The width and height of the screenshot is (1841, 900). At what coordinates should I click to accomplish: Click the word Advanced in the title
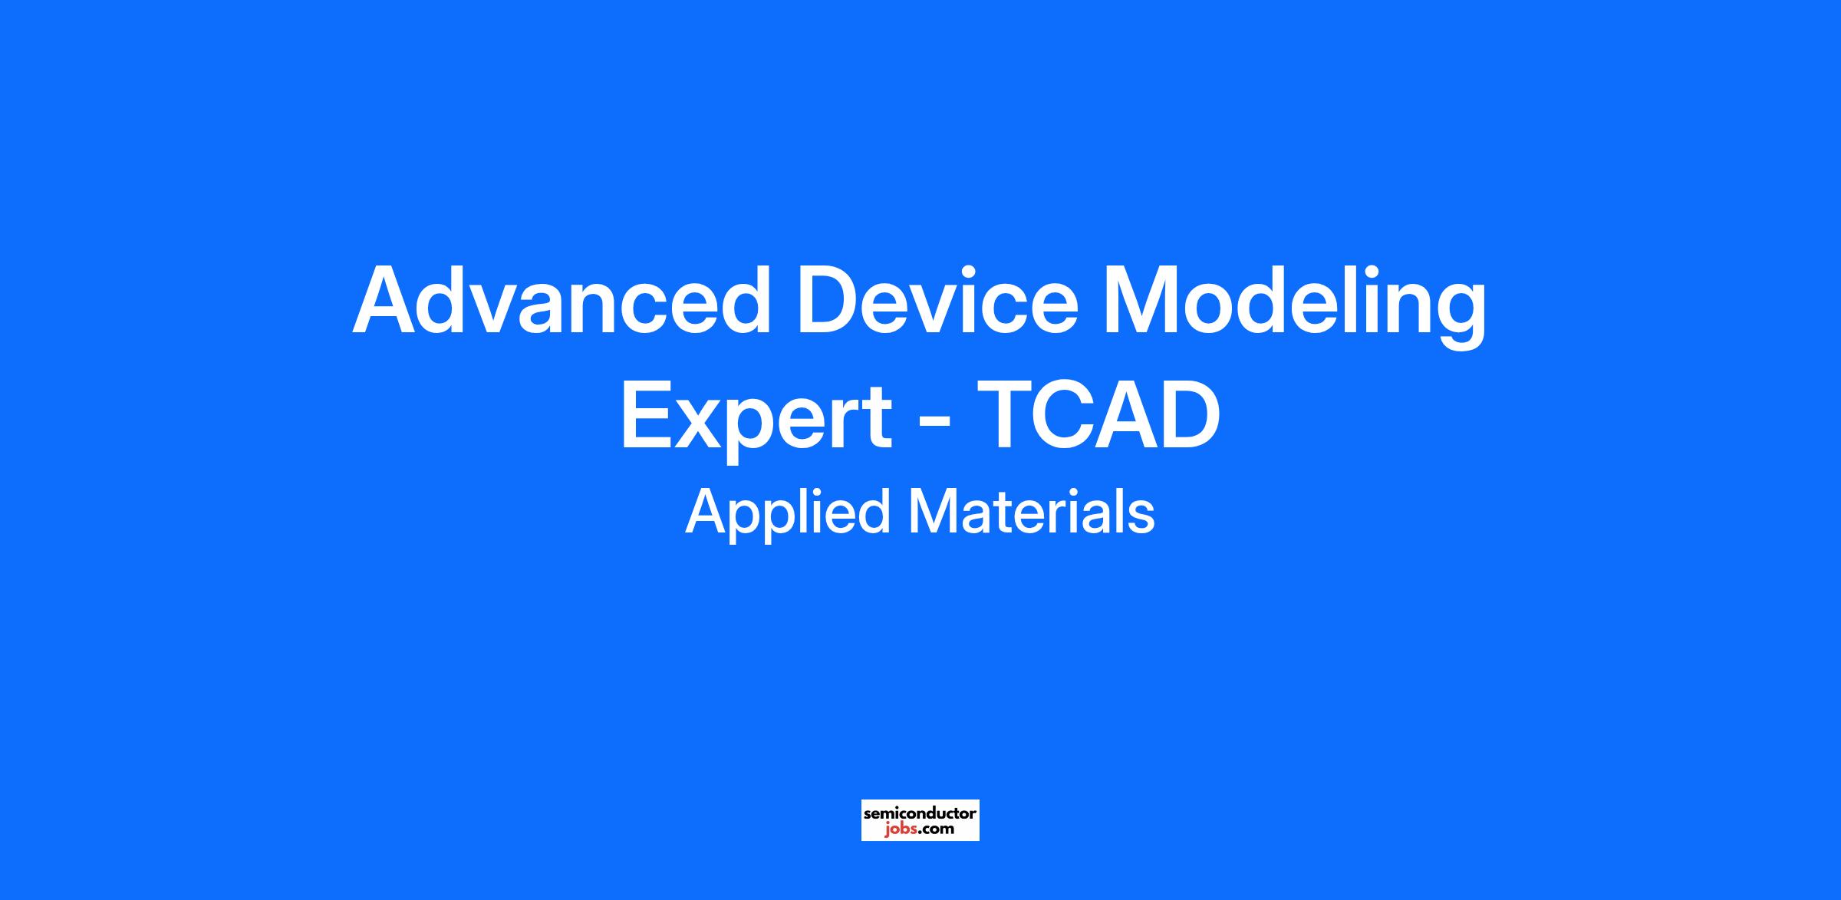click(x=562, y=299)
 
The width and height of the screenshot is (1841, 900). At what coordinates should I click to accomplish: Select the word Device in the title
click(x=937, y=299)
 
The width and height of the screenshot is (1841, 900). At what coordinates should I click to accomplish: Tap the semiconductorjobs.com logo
click(x=920, y=820)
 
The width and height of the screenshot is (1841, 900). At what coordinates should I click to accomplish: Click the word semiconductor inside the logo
click(x=920, y=813)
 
